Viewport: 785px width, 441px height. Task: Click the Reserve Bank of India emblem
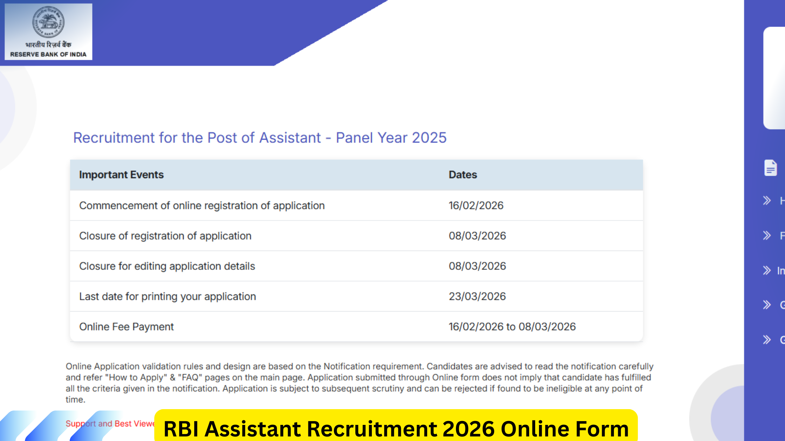coord(48,22)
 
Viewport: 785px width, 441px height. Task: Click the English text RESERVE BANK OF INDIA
coord(48,55)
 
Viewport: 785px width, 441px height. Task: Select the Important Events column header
coord(121,175)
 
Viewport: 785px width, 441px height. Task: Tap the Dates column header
coord(463,175)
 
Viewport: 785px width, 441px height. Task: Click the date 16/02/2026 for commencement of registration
coord(476,205)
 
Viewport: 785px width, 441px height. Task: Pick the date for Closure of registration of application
coord(477,236)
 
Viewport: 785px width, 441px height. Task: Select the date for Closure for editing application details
coord(477,266)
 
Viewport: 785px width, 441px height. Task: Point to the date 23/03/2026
coord(477,296)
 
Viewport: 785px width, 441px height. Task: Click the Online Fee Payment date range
coord(512,327)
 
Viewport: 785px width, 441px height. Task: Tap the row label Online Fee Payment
coord(126,327)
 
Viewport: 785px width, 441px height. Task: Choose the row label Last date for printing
coord(168,296)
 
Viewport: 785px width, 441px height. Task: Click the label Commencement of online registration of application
coord(202,205)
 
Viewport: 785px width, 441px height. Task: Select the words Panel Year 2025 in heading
coord(391,138)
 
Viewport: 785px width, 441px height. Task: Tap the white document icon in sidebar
coord(770,168)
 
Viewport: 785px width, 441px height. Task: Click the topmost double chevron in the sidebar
coord(767,201)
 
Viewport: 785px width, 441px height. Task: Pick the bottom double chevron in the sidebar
coord(767,339)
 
